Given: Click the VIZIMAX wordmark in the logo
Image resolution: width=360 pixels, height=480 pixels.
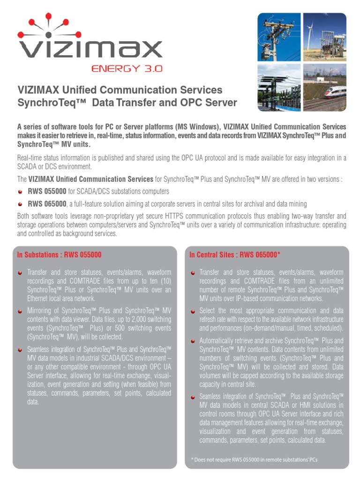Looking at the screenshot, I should click(89, 49).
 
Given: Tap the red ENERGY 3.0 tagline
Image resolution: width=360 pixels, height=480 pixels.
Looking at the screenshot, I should click(127, 68).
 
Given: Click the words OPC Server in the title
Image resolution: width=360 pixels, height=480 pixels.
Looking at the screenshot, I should click(210, 103).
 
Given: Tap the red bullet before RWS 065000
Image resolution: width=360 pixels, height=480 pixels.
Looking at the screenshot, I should click(20, 204).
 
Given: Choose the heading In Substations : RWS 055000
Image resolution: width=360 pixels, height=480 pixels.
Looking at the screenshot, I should click(59, 255).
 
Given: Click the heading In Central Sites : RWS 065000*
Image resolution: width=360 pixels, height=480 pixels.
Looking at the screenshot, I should click(234, 255).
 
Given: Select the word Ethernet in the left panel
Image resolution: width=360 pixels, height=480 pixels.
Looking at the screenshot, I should click(39, 298).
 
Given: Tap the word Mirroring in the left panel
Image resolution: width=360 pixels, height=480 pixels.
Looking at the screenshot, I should click(42, 311).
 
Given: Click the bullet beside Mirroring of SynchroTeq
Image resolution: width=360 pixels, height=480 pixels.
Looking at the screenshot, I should click(20, 311).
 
